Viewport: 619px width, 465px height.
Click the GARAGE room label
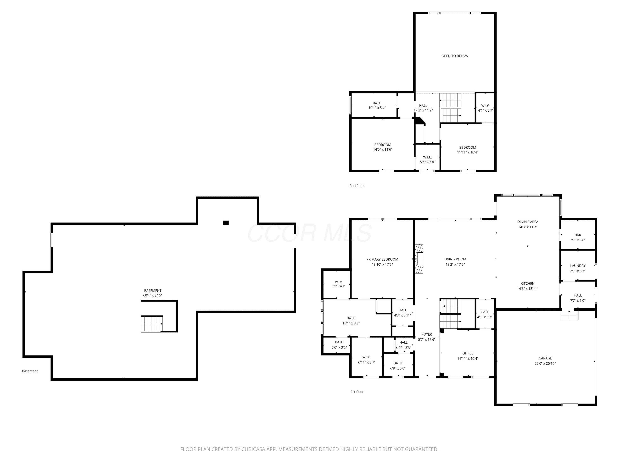coord(545,358)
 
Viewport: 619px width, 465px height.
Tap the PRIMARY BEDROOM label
coord(382,259)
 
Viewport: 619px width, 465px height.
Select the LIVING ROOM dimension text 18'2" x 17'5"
coord(455,264)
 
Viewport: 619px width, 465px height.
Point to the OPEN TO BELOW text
coord(455,56)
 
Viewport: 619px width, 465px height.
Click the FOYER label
coord(427,334)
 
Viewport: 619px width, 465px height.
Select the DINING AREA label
coord(528,222)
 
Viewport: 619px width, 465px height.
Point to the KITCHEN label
coord(528,284)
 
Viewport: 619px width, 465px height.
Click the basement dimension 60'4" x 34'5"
coord(153,295)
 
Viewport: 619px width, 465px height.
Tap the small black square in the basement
coord(226,223)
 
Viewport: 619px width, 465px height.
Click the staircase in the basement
coord(152,324)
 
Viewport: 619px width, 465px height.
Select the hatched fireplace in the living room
coord(419,258)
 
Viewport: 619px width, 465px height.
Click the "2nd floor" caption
coord(357,186)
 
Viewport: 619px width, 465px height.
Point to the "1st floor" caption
coord(357,392)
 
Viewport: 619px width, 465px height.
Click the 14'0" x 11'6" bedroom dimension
coord(383,150)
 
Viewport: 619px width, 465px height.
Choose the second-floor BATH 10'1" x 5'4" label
coord(377,105)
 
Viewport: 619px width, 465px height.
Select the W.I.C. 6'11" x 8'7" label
coord(367,360)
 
